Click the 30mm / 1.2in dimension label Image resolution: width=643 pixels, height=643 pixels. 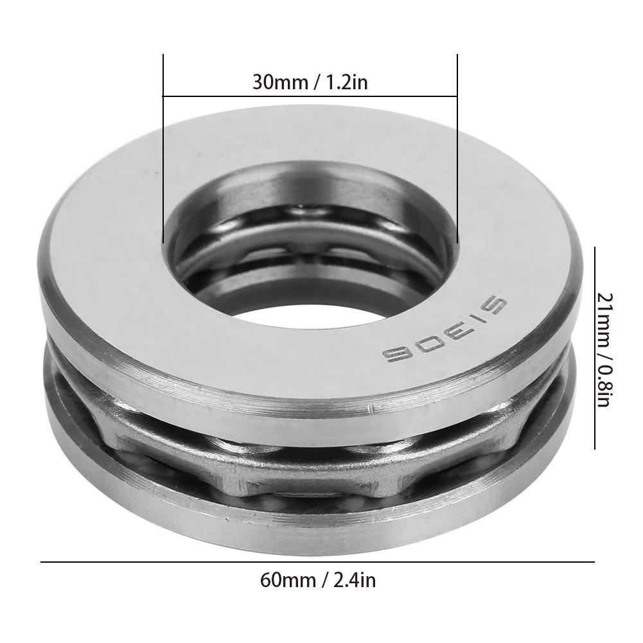[310, 82]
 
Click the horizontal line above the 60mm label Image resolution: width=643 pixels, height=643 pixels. [318, 563]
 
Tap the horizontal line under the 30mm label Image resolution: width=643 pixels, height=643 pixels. [310, 97]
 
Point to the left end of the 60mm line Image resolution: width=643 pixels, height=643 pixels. [42, 563]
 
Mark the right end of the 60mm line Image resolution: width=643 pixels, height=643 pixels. [594, 563]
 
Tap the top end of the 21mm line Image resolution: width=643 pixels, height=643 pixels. [595, 249]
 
